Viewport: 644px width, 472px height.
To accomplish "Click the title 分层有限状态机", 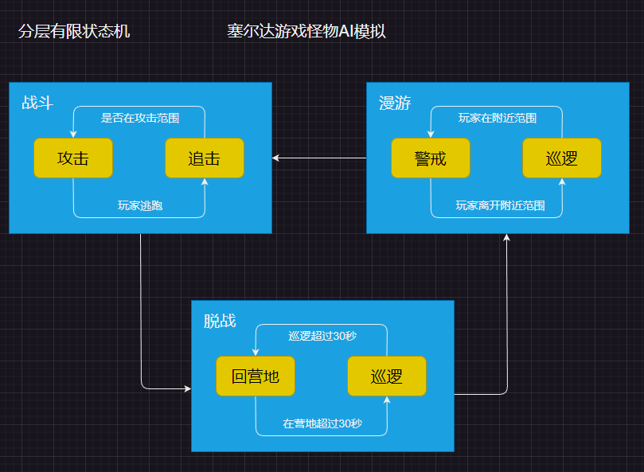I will coord(73,32).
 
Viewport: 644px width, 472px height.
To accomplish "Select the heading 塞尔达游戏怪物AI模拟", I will coord(306,32).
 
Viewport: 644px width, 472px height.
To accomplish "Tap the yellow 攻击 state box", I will coord(72,158).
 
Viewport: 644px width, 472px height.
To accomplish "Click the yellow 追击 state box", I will coord(205,158).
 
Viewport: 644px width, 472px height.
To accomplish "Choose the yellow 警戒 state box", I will coord(431,158).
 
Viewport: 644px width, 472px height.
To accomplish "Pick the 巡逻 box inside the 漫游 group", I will coord(562,158).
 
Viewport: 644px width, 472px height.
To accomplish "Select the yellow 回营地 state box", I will coord(256,376).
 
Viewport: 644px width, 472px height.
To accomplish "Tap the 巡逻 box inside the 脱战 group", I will coord(387,376).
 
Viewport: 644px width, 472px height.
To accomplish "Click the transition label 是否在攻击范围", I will coord(139,118).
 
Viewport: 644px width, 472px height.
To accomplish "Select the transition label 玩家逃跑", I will coord(140,205).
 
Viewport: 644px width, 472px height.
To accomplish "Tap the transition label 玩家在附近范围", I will coord(497,118).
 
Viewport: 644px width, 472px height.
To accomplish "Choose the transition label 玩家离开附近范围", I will coord(500,205).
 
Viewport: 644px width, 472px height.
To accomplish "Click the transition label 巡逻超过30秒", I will coord(322,336).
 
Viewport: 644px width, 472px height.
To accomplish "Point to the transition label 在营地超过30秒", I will coord(322,423).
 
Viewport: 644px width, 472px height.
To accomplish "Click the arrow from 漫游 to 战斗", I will coord(318,158).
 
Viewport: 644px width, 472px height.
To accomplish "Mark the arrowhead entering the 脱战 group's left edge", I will coord(187,388).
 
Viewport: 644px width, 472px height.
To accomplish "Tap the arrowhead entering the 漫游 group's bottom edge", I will coord(507,237).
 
